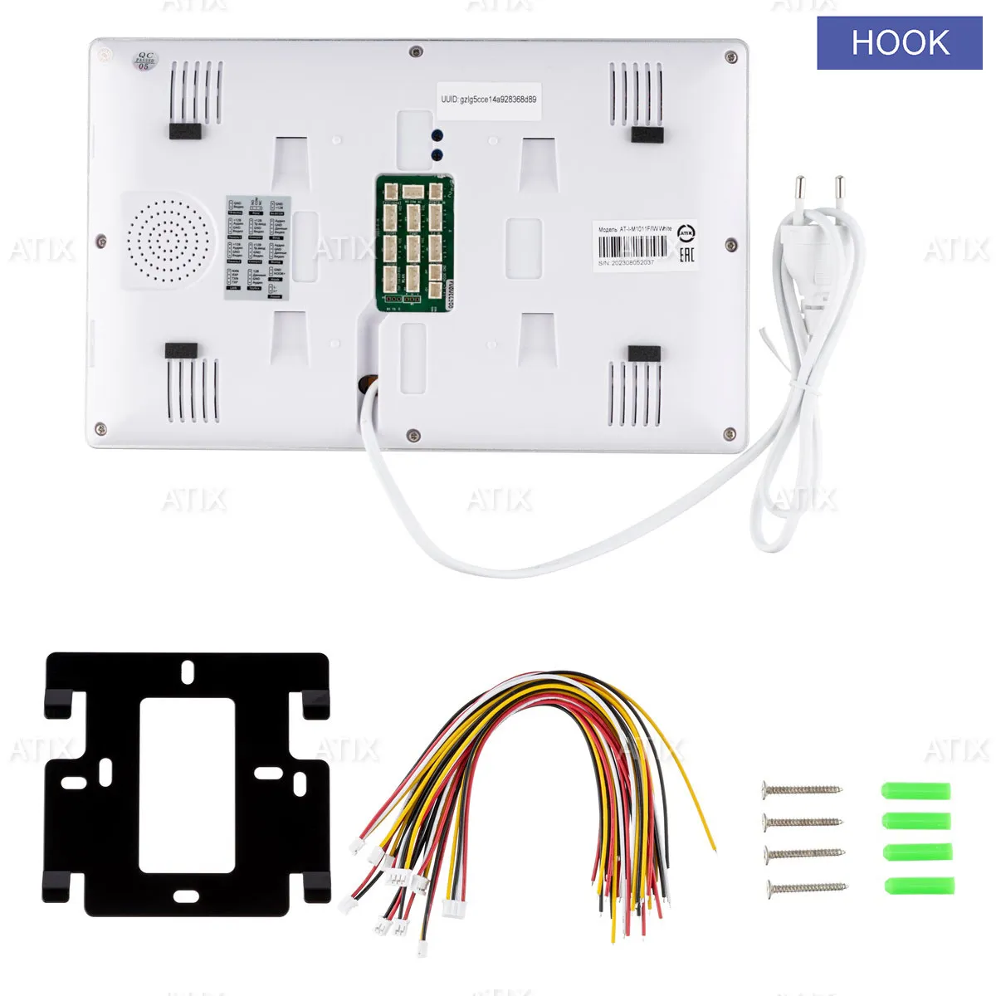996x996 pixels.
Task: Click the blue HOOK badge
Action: pyautogui.click(x=900, y=42)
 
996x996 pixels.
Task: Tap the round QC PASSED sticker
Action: pyautogui.click(x=144, y=61)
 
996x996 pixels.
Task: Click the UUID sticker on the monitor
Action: pyautogui.click(x=489, y=100)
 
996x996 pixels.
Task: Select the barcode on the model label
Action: pyautogui.click(x=632, y=247)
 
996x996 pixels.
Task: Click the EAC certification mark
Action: pyautogui.click(x=686, y=252)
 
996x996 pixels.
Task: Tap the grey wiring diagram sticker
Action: pyautogui.click(x=256, y=246)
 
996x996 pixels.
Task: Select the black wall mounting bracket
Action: pyautogui.click(x=188, y=781)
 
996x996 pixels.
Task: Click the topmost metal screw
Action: pyautogui.click(x=802, y=788)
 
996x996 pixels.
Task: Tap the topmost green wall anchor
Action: pyautogui.click(x=915, y=790)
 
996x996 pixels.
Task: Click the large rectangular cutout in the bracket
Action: pyautogui.click(x=187, y=784)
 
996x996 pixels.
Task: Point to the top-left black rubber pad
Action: pyautogui.click(x=185, y=131)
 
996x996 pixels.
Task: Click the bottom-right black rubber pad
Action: pyautogui.click(x=644, y=354)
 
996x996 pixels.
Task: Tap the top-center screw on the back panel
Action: pyautogui.click(x=414, y=52)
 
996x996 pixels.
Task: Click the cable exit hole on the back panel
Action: pyautogui.click(x=366, y=383)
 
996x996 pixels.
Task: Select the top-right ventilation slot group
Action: pyautogui.click(x=636, y=92)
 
